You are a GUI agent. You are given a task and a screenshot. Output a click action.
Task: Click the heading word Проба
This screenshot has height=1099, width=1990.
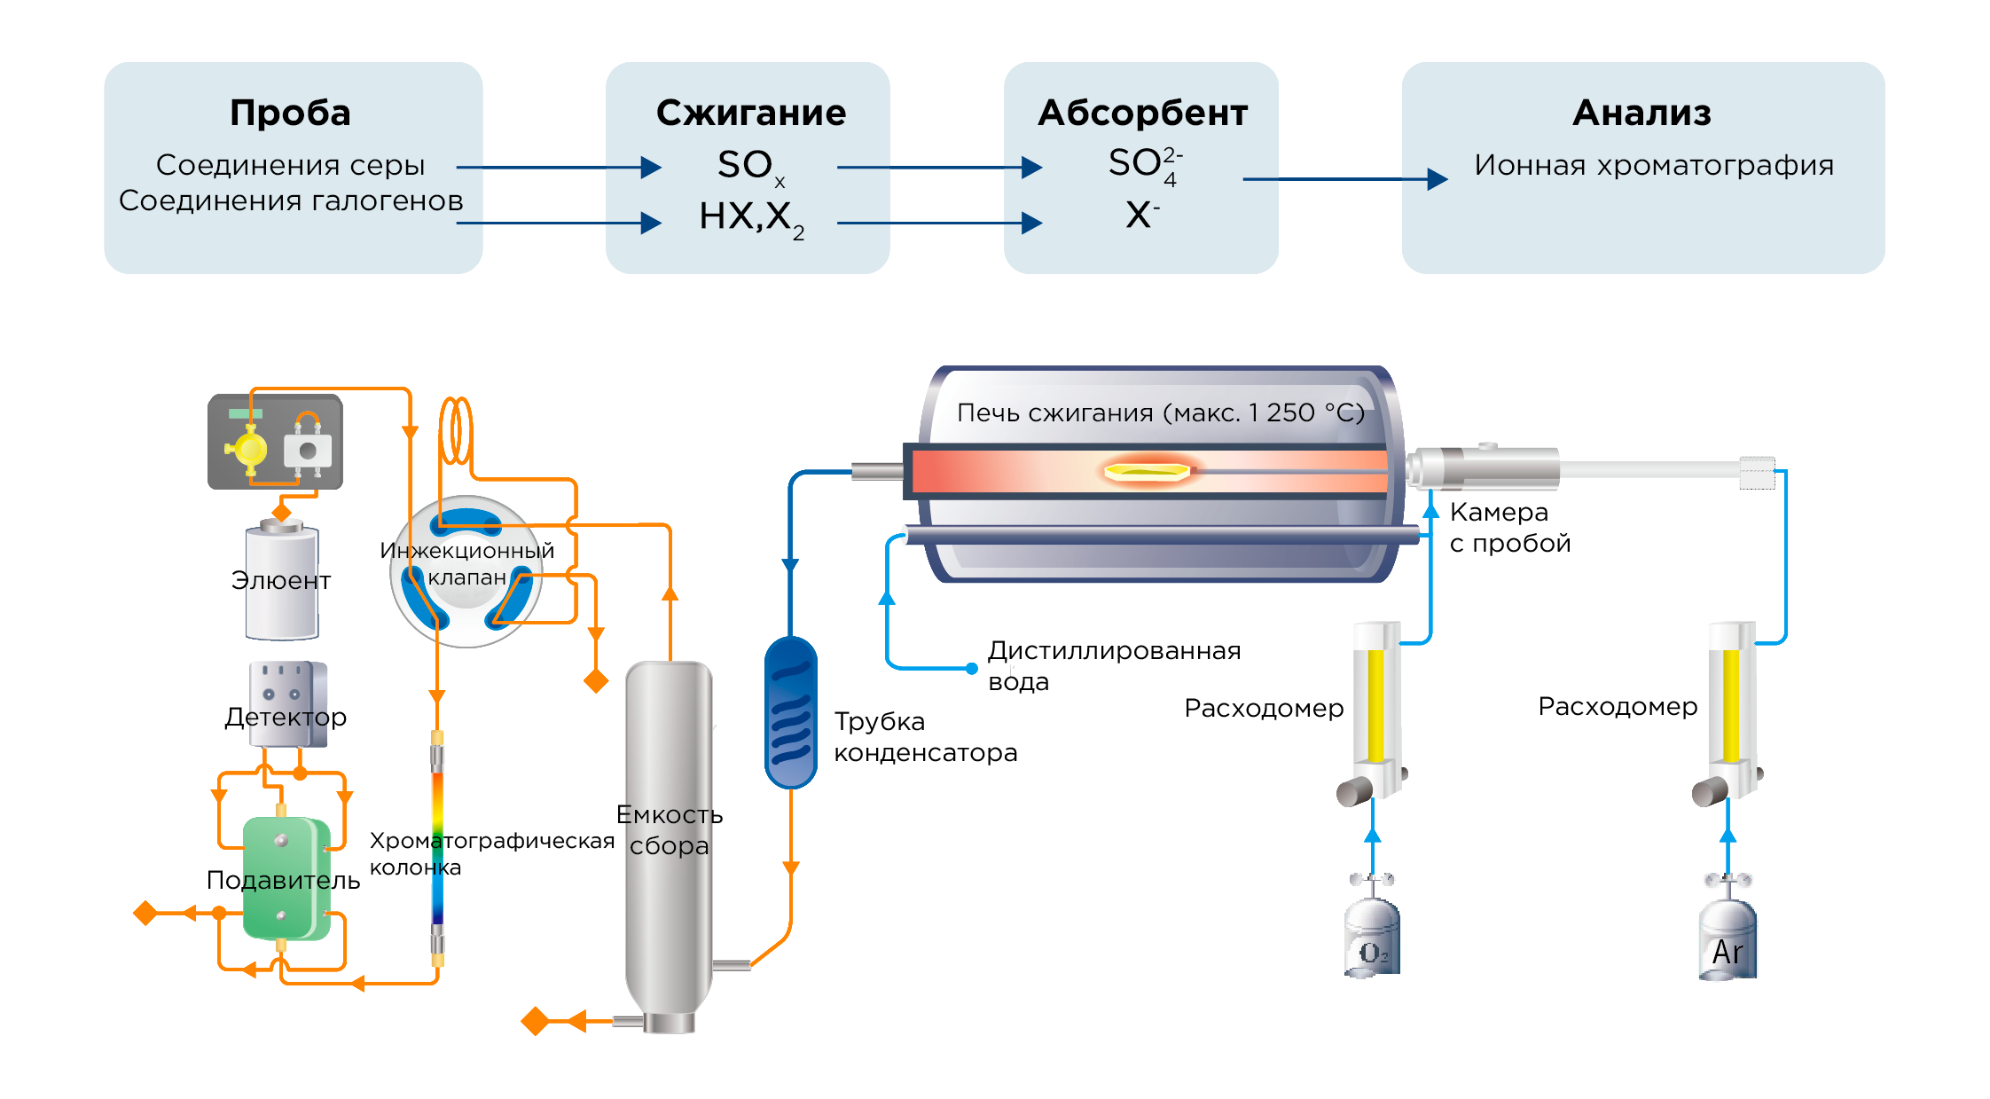click(x=290, y=113)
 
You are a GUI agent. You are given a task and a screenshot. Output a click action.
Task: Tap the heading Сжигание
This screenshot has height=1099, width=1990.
click(x=750, y=113)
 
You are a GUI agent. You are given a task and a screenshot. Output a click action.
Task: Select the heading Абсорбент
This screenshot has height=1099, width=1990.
click(x=1142, y=113)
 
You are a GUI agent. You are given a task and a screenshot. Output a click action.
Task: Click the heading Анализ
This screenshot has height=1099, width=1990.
click(x=1641, y=113)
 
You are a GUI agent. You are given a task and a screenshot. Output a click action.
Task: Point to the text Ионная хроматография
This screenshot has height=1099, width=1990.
click(x=1654, y=165)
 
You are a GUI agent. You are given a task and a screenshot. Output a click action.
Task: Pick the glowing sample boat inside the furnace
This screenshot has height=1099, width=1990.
click(x=1147, y=470)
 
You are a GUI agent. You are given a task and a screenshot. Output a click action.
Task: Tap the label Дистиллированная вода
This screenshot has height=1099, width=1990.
click(x=1113, y=665)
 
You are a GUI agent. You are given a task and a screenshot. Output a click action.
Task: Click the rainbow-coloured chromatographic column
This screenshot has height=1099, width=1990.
click(x=437, y=847)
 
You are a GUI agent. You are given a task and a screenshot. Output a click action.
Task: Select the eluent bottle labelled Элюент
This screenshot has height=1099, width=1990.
click(x=281, y=581)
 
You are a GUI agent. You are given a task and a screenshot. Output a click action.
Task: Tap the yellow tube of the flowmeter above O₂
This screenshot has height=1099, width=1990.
click(x=1375, y=705)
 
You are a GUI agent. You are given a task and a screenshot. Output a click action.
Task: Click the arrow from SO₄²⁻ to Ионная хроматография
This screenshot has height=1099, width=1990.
click(x=1344, y=179)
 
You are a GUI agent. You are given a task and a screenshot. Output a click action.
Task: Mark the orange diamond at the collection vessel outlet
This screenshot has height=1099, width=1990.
click(x=536, y=1021)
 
